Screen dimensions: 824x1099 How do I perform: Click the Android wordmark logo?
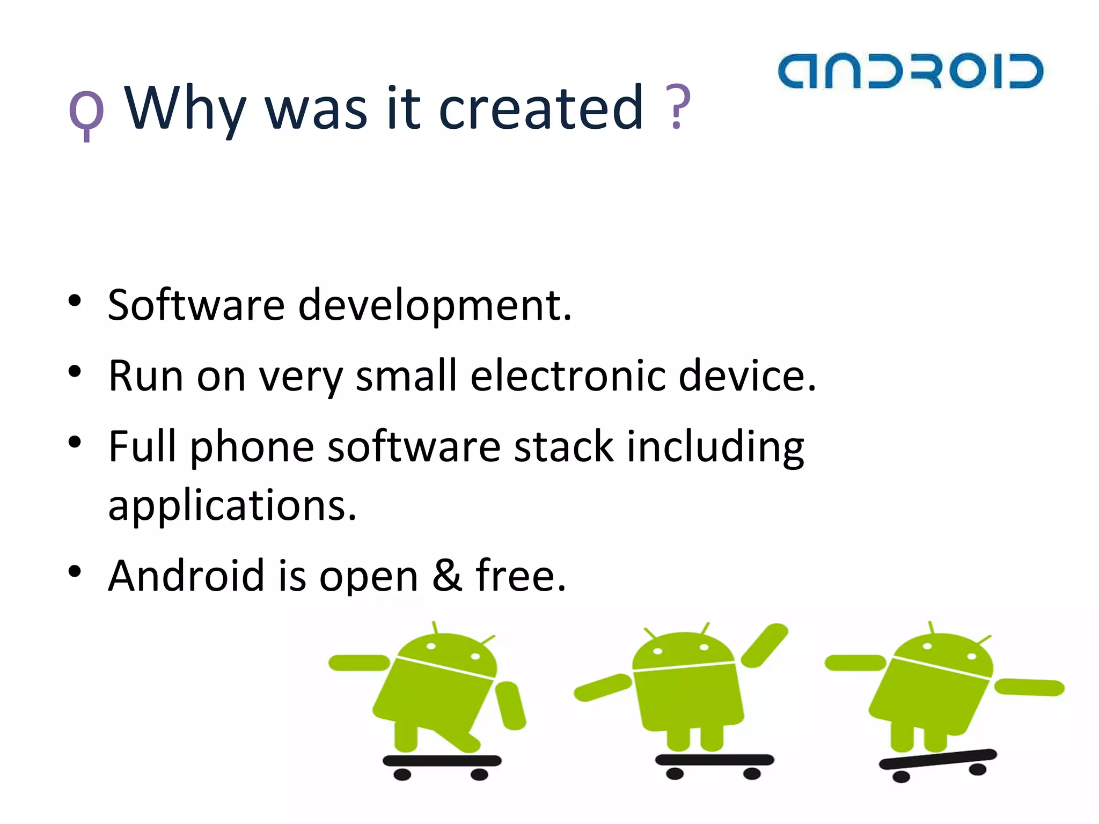(x=910, y=71)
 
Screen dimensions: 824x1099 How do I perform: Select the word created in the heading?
(x=540, y=109)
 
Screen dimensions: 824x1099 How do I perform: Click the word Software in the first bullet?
(x=196, y=305)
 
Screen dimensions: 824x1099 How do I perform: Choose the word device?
(x=747, y=376)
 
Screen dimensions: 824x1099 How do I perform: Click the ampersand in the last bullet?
(x=447, y=575)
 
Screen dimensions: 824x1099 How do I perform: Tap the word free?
(x=521, y=575)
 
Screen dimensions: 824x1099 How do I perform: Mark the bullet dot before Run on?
(x=75, y=371)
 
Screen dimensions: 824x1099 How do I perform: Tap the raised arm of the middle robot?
(x=765, y=645)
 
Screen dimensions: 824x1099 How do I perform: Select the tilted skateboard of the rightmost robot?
(x=937, y=760)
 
